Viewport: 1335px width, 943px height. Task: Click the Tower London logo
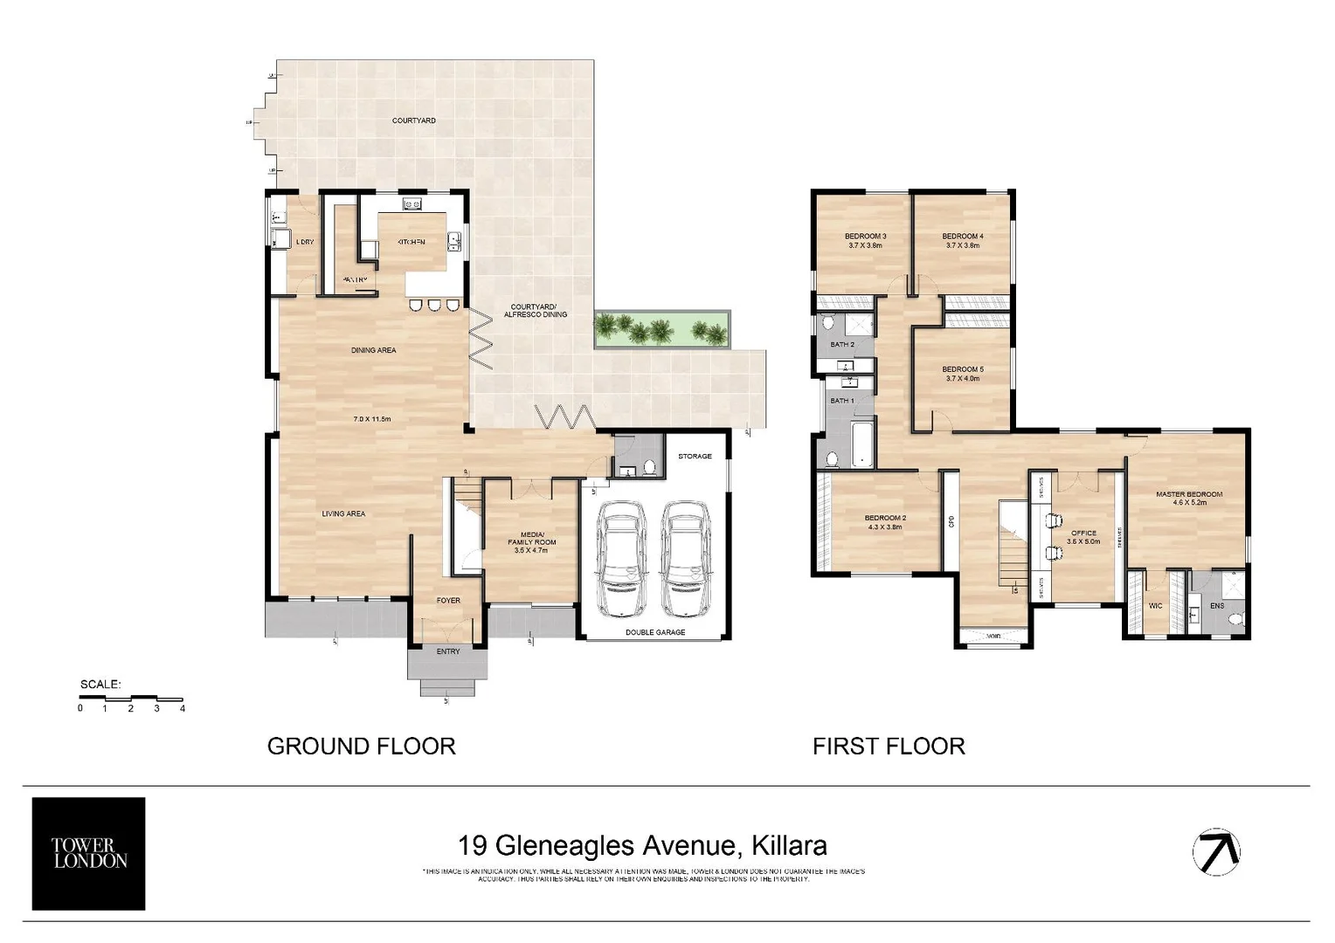pos(88,853)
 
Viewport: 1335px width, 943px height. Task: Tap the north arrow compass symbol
pos(1216,850)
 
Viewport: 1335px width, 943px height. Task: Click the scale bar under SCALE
pos(130,699)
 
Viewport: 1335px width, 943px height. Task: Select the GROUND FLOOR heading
pos(361,747)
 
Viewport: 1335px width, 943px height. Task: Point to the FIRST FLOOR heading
pos(889,747)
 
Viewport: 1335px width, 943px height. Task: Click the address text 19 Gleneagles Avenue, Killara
pos(642,845)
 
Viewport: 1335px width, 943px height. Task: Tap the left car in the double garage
pos(620,558)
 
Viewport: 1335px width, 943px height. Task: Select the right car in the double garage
pos(687,558)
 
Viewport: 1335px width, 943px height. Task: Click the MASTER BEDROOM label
pos(1188,494)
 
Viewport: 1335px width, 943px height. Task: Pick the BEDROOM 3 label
pos(865,237)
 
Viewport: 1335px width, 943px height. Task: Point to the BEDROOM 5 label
pos(963,369)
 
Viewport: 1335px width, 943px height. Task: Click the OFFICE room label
pos(1083,533)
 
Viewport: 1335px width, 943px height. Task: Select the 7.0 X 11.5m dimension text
pos(371,419)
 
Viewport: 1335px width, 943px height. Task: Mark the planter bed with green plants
pos(661,329)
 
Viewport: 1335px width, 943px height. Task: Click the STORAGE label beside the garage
pos(695,456)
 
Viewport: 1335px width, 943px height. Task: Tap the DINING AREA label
pos(373,350)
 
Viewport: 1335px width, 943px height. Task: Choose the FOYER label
pos(448,601)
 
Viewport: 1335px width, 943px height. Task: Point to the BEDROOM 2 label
pos(885,518)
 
